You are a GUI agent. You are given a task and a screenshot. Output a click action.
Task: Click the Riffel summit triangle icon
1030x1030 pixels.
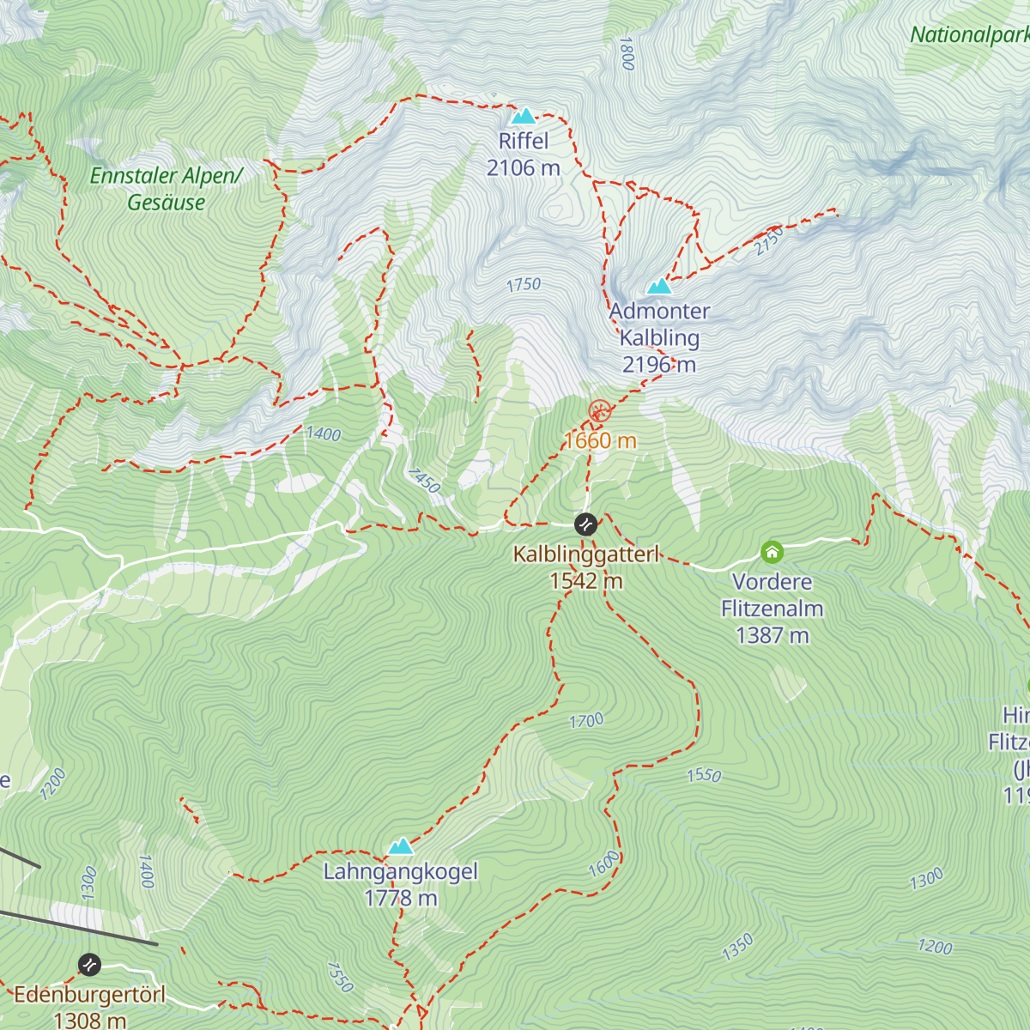(x=523, y=116)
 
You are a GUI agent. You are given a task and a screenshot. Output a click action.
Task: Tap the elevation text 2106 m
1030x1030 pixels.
(x=523, y=168)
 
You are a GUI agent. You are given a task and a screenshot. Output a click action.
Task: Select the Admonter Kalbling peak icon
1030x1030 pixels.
(x=658, y=286)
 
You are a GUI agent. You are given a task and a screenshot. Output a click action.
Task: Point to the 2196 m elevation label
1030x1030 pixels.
(x=658, y=365)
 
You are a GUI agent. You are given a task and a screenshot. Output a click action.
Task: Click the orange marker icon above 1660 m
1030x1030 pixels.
(x=599, y=411)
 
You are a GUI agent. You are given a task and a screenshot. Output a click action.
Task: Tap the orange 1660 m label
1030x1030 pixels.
(x=599, y=441)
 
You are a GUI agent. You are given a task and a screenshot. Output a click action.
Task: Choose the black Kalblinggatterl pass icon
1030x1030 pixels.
(x=585, y=524)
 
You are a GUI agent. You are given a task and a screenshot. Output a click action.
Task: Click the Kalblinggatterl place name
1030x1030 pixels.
(x=585, y=554)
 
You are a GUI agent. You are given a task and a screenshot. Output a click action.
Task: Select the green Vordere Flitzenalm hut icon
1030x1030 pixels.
(x=772, y=551)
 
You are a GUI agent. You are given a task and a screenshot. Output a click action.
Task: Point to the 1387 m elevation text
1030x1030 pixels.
(x=772, y=635)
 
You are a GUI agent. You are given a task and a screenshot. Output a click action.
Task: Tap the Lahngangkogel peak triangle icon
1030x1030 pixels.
(x=400, y=847)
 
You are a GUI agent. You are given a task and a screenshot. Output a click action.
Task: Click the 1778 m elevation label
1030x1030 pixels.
(x=400, y=899)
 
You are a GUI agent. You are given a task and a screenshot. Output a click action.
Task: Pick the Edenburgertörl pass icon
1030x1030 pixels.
(x=89, y=965)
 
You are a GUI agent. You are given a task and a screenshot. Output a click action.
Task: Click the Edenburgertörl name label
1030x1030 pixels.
(x=89, y=995)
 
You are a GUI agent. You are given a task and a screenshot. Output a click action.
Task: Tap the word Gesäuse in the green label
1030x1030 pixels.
(x=167, y=203)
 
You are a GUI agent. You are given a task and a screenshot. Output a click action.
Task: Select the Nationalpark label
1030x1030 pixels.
(x=968, y=35)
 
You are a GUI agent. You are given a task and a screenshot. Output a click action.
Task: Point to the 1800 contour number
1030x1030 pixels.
(x=626, y=53)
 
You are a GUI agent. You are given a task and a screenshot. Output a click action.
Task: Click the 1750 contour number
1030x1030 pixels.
(x=524, y=284)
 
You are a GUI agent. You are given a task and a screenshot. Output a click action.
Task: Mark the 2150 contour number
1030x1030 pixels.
(x=768, y=241)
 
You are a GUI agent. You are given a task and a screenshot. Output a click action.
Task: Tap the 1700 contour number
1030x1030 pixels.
(x=586, y=721)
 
